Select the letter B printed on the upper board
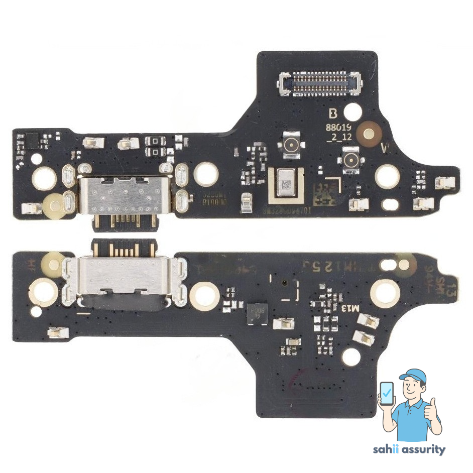click(x=333, y=114)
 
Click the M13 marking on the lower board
click(x=351, y=307)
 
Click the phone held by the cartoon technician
click(x=387, y=394)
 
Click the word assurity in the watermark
click(x=422, y=449)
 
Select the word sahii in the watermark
click(x=385, y=449)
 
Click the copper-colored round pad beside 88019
click(x=371, y=134)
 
